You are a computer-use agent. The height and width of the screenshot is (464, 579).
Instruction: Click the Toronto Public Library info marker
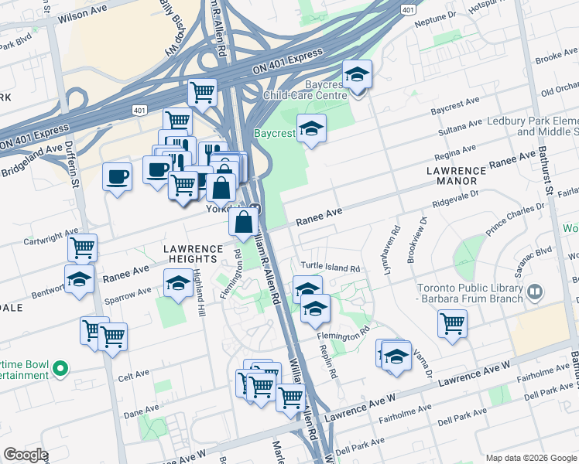point(535,293)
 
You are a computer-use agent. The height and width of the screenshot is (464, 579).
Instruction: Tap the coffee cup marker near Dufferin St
point(118,177)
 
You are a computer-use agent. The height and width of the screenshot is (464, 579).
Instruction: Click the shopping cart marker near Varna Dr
point(452,323)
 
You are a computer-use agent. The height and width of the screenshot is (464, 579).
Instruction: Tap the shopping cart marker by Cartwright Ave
point(82,248)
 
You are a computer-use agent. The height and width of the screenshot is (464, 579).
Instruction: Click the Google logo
point(26,455)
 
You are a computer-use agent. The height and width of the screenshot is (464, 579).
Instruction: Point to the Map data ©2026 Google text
point(530,458)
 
